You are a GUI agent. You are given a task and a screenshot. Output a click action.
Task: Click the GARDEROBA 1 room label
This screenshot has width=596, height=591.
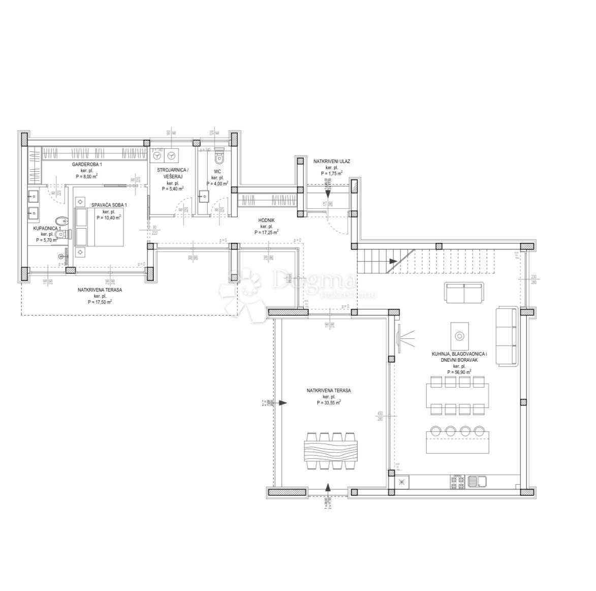(87, 165)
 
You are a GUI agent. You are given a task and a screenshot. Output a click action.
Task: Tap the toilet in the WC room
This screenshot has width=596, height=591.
(219, 155)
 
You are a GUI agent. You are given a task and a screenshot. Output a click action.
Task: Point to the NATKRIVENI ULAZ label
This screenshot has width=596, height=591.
(331, 161)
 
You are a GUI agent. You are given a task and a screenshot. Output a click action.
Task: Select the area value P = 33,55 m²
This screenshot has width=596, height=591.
(328, 402)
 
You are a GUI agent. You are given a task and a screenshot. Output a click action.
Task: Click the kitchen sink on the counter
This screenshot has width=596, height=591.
(477, 481)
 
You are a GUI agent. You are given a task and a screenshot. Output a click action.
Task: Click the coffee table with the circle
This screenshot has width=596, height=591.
(459, 335)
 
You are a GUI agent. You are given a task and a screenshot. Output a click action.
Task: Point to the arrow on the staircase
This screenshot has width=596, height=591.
(393, 261)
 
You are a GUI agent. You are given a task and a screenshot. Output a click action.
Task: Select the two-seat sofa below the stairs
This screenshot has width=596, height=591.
(464, 293)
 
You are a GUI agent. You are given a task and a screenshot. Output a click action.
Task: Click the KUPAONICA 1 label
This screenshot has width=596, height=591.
(47, 229)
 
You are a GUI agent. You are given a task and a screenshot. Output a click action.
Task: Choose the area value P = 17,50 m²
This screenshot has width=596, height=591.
(100, 301)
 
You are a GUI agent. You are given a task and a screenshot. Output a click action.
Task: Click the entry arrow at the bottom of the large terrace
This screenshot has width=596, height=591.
(328, 488)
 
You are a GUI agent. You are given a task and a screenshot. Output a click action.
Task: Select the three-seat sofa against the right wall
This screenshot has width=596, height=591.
(506, 336)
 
